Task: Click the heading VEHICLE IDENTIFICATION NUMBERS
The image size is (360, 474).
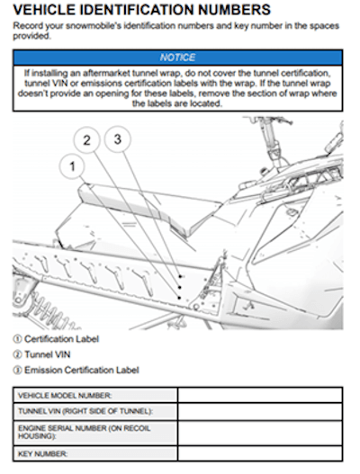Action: [143, 10]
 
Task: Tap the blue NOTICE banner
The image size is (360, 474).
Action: [177, 57]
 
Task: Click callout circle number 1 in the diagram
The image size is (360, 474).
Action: [75, 165]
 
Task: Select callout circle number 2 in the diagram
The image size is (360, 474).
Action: [87, 140]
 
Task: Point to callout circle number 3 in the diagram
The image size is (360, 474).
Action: [117, 139]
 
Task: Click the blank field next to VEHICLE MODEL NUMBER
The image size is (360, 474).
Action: [259, 395]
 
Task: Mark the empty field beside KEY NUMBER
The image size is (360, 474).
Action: [259, 453]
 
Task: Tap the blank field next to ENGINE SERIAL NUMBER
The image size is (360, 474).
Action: [259, 432]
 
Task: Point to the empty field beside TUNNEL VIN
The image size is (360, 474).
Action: [259, 411]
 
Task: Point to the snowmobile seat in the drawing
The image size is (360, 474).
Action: [144, 200]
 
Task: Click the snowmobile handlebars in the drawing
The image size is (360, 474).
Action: [270, 135]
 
